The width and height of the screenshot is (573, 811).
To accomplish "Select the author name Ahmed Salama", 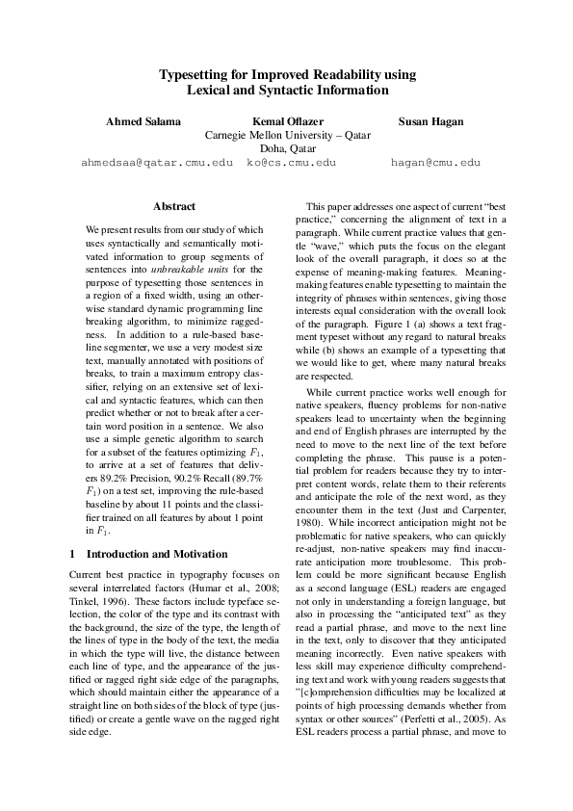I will [143, 121].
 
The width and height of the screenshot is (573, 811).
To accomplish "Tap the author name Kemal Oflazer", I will [287, 121].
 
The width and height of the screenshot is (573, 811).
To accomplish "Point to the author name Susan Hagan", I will [430, 121].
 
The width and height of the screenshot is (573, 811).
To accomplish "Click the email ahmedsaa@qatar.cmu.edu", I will [157, 163].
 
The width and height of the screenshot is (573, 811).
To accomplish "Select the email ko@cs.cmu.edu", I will [291, 163].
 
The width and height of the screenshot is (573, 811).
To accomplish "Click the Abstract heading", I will [174, 206].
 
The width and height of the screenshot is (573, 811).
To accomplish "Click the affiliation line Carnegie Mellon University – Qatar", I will [287, 136].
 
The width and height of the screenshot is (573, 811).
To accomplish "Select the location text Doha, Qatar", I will [287, 149].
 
